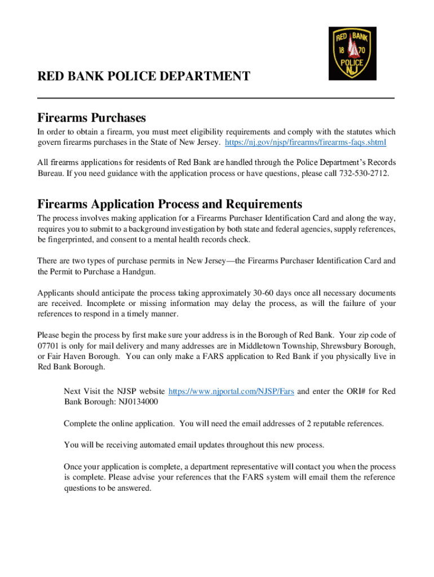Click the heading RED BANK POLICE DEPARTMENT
pyautogui.click(x=144, y=76)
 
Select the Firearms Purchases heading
pyautogui.click(x=92, y=118)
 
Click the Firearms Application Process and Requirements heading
pyautogui.click(x=170, y=203)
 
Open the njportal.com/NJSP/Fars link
pyautogui.click(x=231, y=391)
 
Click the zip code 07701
pyautogui.click(x=50, y=345)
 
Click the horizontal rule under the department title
pyautogui.click(x=216, y=98)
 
